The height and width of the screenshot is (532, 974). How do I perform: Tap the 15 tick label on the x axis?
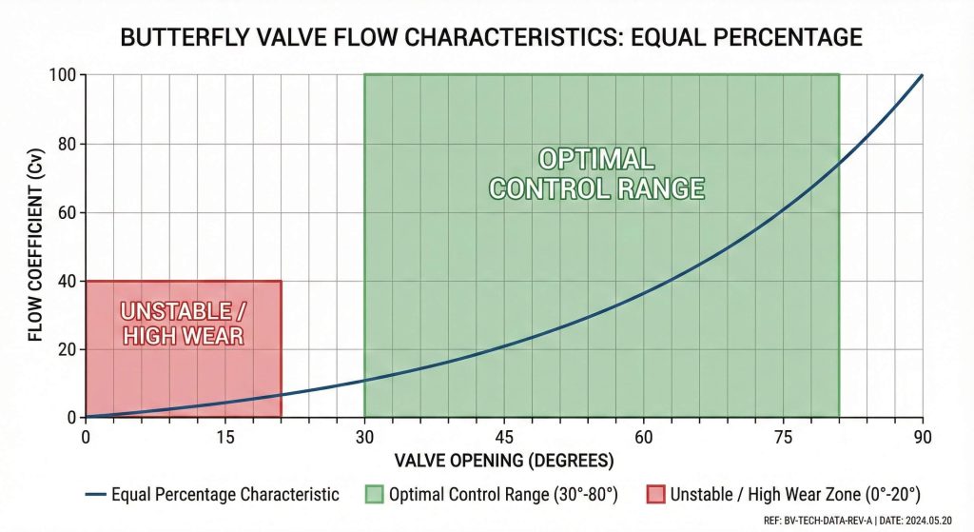pos(225,437)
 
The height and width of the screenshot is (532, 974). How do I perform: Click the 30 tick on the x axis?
pos(364,437)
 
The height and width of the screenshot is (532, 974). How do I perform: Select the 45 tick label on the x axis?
pos(504,437)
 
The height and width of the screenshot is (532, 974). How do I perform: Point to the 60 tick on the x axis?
pos(644,437)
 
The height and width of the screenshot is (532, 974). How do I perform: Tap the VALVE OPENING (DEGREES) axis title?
pos(504,462)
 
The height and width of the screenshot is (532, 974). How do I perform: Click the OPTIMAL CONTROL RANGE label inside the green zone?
pos(596,173)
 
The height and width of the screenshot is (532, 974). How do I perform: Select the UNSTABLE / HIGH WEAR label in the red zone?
pos(182,323)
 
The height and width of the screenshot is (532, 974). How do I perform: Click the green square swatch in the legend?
pos(374,494)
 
